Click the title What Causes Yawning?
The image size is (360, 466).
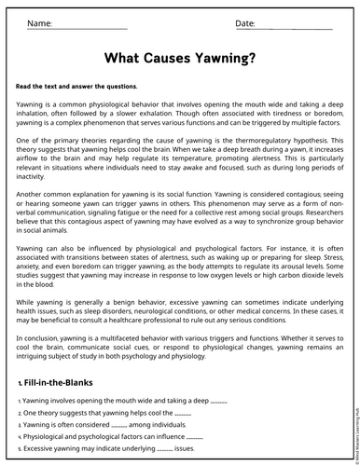click(x=180, y=58)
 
